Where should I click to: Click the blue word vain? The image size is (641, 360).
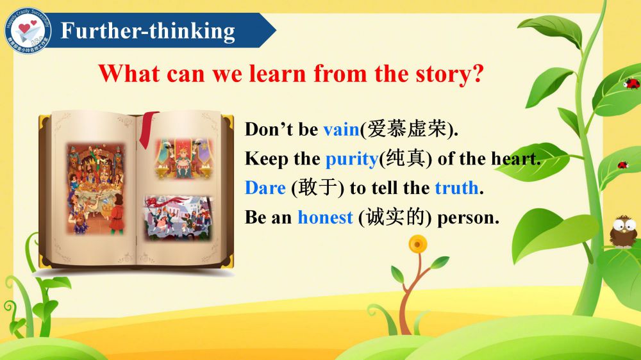[x=342, y=129]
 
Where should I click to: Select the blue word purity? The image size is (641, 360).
[x=352, y=160]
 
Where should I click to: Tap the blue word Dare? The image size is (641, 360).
[x=265, y=188]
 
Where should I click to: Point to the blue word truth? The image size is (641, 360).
[x=456, y=188]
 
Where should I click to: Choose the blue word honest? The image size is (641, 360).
[x=325, y=217]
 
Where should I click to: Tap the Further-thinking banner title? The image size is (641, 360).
[x=148, y=31]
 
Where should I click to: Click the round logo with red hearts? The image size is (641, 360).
[x=28, y=30]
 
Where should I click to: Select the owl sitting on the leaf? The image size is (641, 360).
[x=624, y=231]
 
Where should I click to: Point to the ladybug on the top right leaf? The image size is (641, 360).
[x=631, y=84]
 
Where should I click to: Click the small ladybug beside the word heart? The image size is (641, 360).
[x=622, y=165]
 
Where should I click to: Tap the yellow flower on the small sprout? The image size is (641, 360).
[x=417, y=245]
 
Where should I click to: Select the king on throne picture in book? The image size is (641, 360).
[x=183, y=159]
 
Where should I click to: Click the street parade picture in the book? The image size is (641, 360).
[x=178, y=218]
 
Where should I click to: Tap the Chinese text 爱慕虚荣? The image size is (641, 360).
[x=407, y=129]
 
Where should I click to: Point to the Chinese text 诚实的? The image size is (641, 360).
[x=395, y=217]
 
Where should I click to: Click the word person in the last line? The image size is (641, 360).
[x=468, y=218]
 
